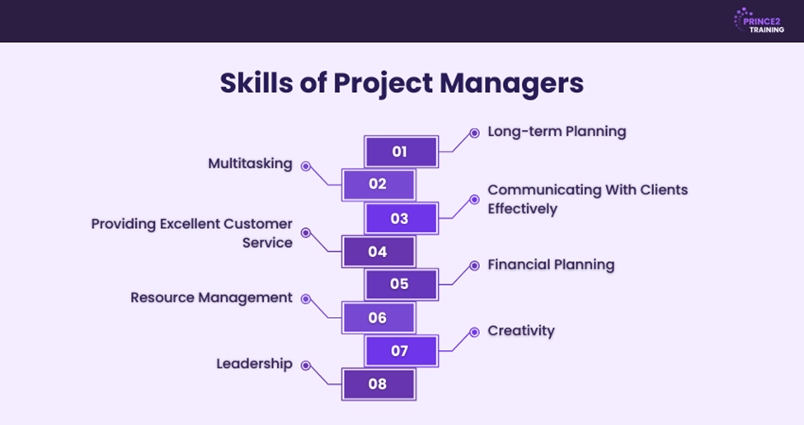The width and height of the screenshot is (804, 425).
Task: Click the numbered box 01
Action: [x=401, y=152]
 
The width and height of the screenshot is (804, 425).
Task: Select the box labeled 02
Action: [x=379, y=184]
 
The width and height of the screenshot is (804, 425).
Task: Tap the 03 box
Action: [x=401, y=218]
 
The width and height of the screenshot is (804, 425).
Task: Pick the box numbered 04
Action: [x=379, y=251]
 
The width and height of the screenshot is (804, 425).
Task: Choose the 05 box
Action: [x=401, y=284]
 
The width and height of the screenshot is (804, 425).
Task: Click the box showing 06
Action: [x=379, y=317]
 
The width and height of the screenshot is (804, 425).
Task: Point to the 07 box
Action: [x=401, y=351]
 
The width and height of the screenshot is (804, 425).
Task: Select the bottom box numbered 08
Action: [x=379, y=384]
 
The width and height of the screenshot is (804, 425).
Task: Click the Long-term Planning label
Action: [x=557, y=132]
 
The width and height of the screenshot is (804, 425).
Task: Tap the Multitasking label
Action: [x=250, y=164]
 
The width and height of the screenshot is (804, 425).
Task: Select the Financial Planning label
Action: [x=551, y=265]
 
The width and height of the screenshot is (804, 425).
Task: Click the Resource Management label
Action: [x=211, y=298]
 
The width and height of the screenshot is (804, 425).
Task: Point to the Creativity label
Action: [x=521, y=331]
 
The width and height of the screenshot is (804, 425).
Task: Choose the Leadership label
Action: [x=254, y=364]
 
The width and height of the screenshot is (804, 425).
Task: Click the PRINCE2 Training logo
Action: [x=759, y=21]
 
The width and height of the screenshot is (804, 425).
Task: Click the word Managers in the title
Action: [x=512, y=83]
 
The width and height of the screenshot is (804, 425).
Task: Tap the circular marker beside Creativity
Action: [x=475, y=332]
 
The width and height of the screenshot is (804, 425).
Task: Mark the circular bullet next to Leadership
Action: [x=306, y=366]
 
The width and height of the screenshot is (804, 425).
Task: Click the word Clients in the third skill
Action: [x=664, y=190]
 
